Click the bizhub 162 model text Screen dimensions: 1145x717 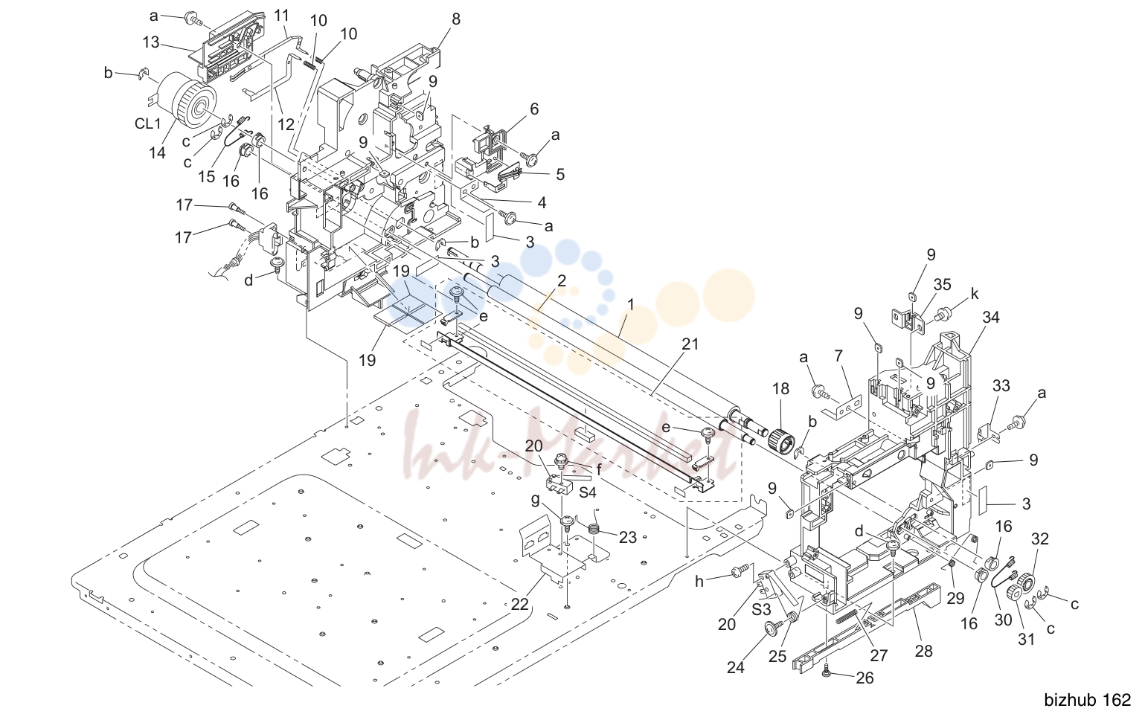1087,700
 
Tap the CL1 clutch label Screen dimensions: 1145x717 148,123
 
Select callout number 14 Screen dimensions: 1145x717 158,152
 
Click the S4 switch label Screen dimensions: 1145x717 588,492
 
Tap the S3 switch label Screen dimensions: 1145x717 761,609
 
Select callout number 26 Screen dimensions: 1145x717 865,678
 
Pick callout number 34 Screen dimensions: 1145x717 991,317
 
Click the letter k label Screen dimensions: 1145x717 975,294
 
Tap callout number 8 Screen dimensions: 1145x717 456,19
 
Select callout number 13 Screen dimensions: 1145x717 151,42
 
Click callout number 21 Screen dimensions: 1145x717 690,344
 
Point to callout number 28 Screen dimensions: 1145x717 924,651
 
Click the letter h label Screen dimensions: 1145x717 699,582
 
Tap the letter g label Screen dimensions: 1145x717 535,501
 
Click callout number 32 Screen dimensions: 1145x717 1039,538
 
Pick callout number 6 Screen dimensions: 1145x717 534,109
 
